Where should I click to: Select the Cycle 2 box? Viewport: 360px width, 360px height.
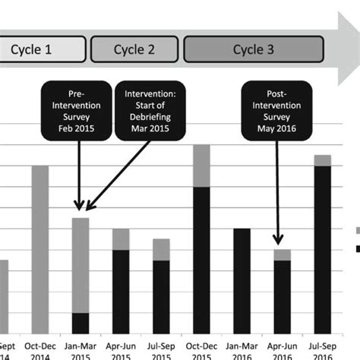134,49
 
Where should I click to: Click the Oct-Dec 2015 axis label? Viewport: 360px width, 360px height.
201,349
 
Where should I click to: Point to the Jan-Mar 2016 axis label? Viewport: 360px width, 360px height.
242,349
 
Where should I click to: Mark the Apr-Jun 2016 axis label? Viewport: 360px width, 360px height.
282,349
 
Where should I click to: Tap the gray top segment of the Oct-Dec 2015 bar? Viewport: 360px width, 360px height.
201,166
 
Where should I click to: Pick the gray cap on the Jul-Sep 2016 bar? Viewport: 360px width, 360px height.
322,159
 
